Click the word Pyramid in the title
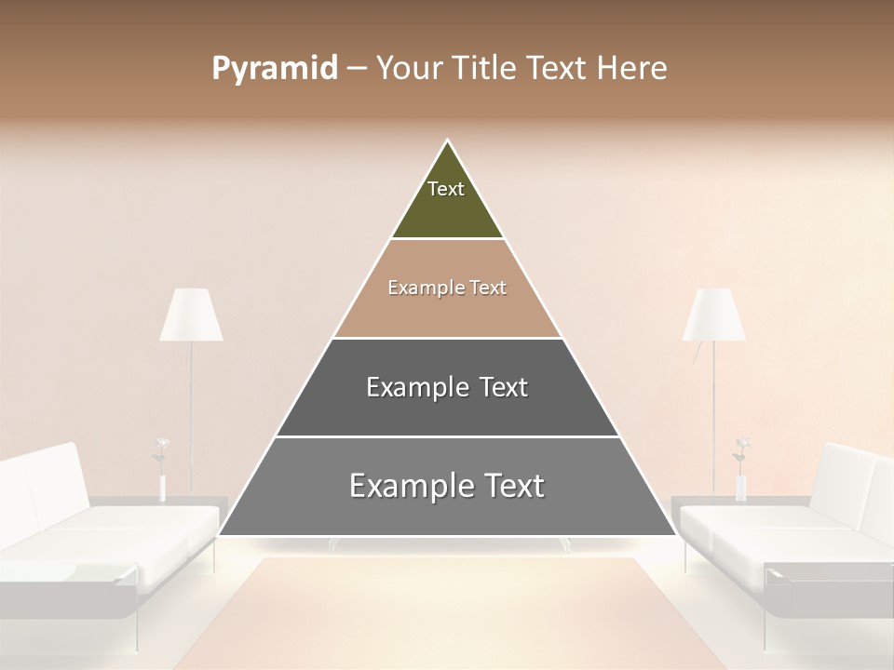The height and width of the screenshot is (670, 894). pos(274,69)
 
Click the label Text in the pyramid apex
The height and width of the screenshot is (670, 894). pos(446,189)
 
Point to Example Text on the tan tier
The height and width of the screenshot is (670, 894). pos(447,288)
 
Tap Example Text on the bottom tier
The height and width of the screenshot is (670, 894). pos(447,486)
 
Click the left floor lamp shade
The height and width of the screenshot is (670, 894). pos(191,315)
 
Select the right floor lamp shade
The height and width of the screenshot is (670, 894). pos(714,315)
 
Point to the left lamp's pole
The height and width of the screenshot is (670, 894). pos(191,409)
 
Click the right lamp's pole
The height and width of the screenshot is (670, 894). pos(714,409)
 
